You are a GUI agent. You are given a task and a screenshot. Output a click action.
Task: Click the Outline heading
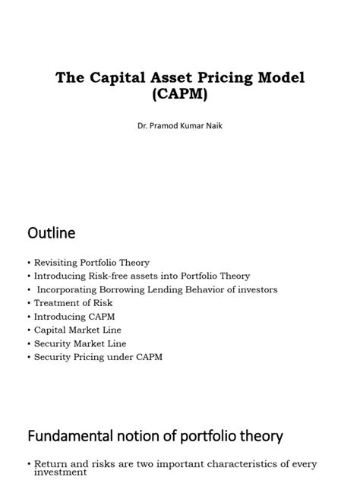pos(53,232)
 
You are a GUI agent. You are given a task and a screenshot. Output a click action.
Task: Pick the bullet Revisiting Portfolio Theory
pos(91,262)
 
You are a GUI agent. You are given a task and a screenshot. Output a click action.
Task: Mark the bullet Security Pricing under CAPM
pos(98,357)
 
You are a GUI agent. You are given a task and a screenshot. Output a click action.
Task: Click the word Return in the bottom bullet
pos(51,464)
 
